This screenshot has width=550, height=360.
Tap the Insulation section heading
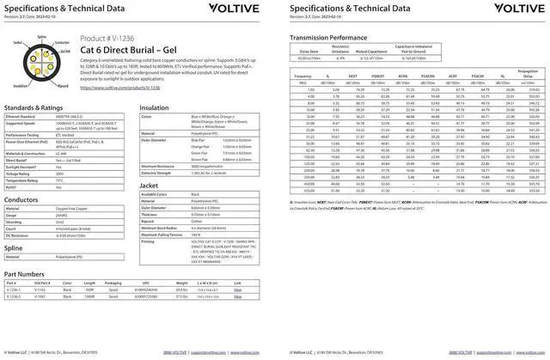coord(154,108)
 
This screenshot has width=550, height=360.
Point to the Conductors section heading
coord(21,199)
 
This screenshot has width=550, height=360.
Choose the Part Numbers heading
coord(24,274)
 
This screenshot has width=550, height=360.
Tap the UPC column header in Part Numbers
coord(145,283)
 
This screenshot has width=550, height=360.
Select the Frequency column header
coord(302,76)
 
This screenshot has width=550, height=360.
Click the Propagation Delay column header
coord(528,74)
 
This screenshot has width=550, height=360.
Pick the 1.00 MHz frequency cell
coord(310,89)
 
